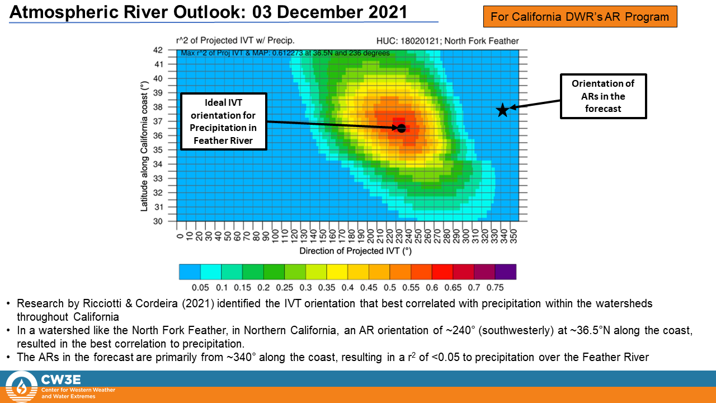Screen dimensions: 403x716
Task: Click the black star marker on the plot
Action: [502, 110]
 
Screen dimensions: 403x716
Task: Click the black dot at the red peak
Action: [401, 128]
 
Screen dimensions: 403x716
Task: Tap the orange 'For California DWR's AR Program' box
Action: [580, 17]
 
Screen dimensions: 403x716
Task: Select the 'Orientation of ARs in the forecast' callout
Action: [603, 96]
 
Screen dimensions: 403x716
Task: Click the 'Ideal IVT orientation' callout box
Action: [223, 121]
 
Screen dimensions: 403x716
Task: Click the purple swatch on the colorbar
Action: [505, 272]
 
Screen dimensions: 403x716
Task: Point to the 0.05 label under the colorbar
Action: [200, 288]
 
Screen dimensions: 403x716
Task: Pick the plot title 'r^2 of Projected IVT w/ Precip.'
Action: [235, 41]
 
